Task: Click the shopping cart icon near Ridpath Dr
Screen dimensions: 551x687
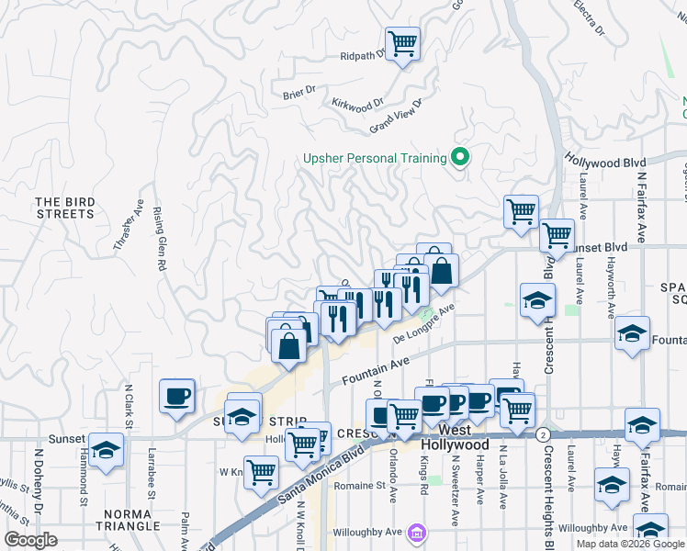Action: click(x=402, y=42)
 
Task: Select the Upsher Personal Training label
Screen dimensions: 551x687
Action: click(x=375, y=158)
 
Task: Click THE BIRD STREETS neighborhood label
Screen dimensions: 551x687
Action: click(x=65, y=208)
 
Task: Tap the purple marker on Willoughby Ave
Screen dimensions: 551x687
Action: click(x=417, y=532)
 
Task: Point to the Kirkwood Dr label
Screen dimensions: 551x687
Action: click(x=357, y=106)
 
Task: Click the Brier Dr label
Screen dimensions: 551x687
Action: click(x=299, y=90)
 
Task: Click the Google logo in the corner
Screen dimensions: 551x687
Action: click(x=30, y=539)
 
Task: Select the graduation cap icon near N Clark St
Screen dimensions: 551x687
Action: click(x=107, y=452)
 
